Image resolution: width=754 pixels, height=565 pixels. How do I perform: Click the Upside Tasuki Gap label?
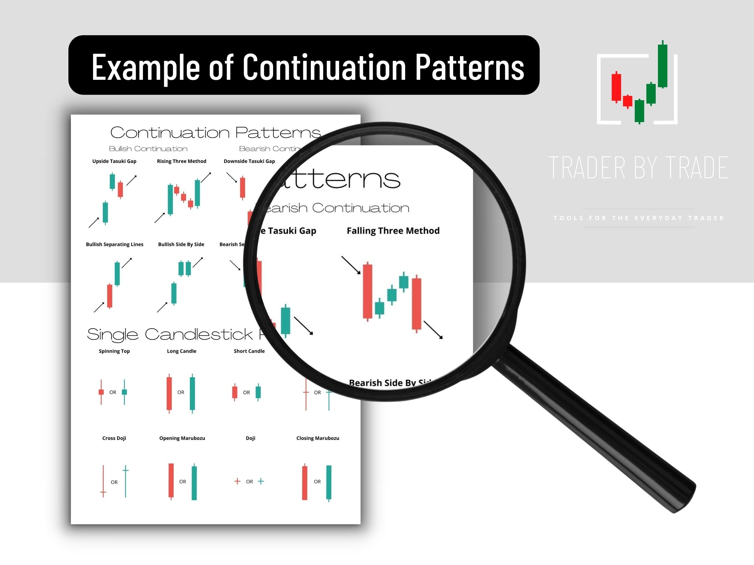[114, 161]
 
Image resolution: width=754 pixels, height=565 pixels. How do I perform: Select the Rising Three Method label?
[181, 161]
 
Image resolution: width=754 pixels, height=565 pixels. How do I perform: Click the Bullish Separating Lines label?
[114, 244]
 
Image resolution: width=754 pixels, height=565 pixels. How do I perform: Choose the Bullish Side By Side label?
[181, 244]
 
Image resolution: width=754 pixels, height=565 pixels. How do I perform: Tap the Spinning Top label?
[114, 351]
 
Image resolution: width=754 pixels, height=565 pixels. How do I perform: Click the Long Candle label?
[181, 351]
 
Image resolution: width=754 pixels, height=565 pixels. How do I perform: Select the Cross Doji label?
[114, 438]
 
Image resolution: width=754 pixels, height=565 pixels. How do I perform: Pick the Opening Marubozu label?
[182, 438]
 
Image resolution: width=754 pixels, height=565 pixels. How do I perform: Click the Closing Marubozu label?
[318, 438]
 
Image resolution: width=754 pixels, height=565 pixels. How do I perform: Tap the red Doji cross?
[237, 481]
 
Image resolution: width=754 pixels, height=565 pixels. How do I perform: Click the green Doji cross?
[261, 481]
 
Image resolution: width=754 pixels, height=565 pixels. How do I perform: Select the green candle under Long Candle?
[192, 393]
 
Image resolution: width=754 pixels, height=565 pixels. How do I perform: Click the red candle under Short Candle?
[235, 392]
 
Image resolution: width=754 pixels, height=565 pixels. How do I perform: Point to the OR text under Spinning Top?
[113, 392]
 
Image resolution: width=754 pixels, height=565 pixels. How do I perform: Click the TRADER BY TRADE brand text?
[638, 168]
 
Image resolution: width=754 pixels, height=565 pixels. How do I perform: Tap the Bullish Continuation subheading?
[148, 149]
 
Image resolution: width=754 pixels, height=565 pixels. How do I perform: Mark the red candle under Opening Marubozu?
[171, 480]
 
